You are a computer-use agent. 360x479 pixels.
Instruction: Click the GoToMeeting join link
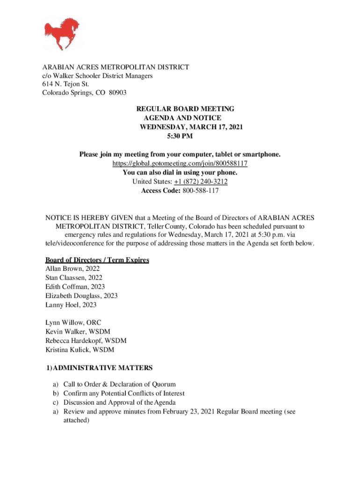coord(180,164)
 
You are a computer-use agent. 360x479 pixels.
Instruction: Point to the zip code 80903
coord(118,93)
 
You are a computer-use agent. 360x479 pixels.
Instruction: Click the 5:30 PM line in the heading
coord(180,136)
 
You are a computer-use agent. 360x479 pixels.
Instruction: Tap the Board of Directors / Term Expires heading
coord(97,260)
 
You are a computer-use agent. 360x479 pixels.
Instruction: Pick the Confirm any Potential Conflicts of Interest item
coord(124,393)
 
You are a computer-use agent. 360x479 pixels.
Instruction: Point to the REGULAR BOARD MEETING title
coord(185,109)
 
